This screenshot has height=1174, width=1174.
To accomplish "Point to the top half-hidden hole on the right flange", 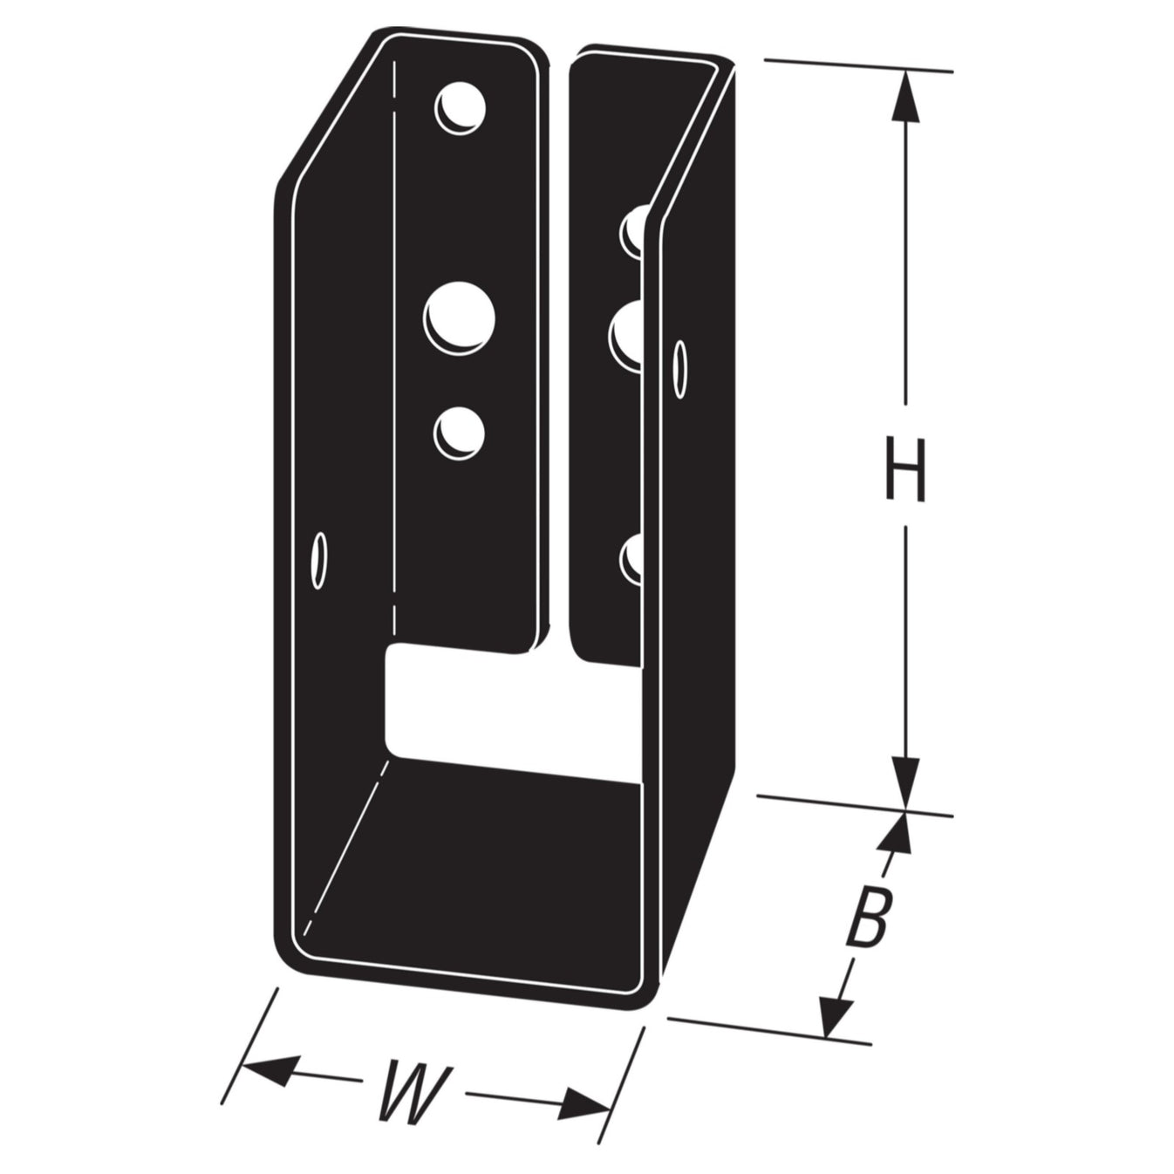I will pos(632,229).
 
